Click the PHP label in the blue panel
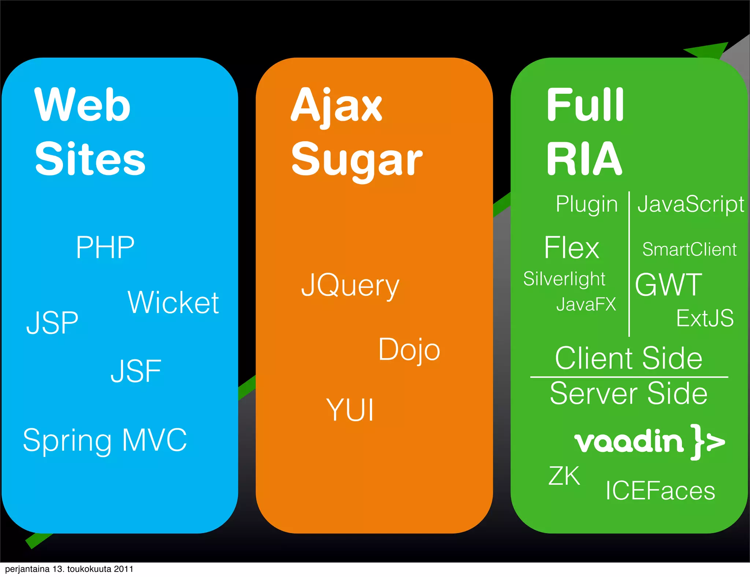coord(105,247)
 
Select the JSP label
coord(52,323)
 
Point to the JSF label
coord(136,371)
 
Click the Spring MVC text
coord(105,440)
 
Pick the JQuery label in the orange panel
coord(350,286)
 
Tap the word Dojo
coord(409,350)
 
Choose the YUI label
coord(350,410)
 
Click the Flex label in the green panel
coord(571,248)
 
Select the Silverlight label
coord(564,279)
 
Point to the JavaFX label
coord(586,304)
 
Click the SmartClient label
coord(689,250)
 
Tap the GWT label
coord(669,285)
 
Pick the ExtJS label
coord(705,318)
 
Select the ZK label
coord(564,476)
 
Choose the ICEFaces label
coord(660,491)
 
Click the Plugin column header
coord(586,204)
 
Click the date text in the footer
coord(69,569)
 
